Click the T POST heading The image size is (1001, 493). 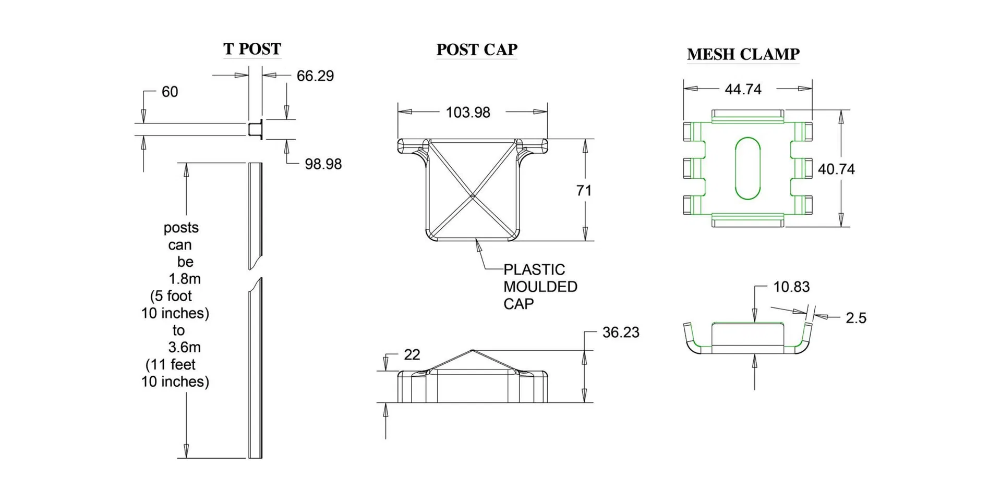coord(252,49)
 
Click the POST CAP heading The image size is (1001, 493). coord(476,50)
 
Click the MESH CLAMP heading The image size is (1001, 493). coord(743,54)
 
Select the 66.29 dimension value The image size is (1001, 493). coord(315,76)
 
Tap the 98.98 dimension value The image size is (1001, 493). coord(323,164)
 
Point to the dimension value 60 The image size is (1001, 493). coord(170,92)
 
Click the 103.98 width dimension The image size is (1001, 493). coord(467,113)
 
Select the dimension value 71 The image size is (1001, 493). coord(584,191)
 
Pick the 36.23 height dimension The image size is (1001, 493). coord(620,332)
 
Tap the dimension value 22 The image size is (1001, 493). coord(412,355)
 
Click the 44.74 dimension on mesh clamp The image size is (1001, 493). coord(743,90)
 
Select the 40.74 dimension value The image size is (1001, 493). coord(836,169)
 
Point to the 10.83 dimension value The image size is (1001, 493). coord(791,287)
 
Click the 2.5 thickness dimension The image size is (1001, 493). coord(855,318)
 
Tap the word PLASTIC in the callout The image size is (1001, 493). coord(534,270)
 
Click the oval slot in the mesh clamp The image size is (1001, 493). coord(747,169)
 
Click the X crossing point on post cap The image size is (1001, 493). coord(472,196)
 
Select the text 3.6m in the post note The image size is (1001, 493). coord(184,348)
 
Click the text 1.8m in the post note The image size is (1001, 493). coord(184,279)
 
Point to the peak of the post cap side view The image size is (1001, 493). coord(472,351)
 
